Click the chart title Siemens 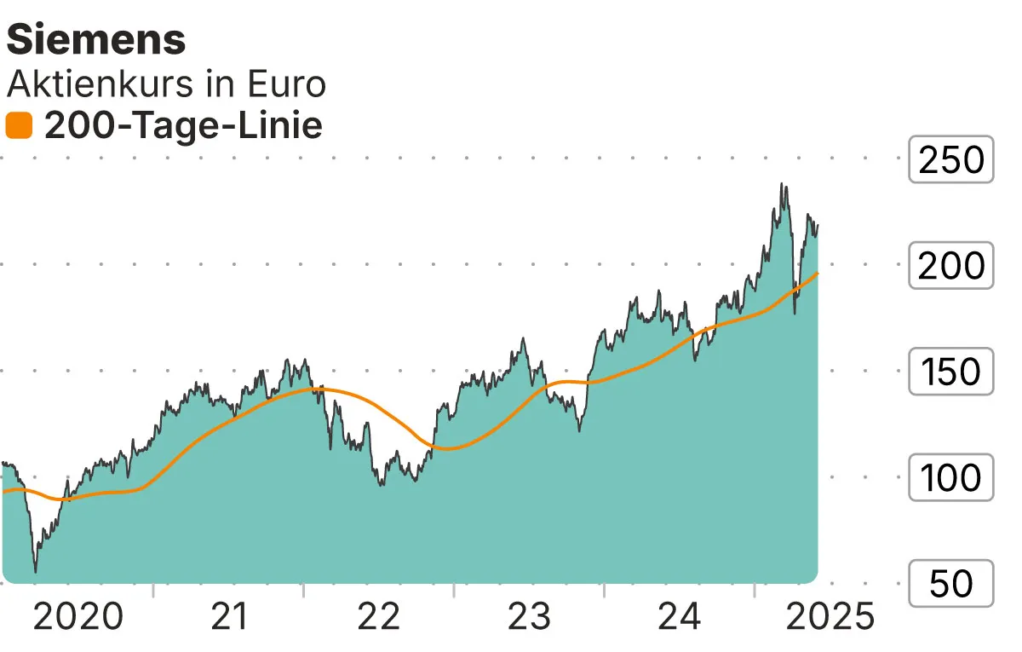click(x=95, y=39)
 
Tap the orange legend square click(x=19, y=126)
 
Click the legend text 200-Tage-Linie click(x=183, y=126)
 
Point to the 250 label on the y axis click(x=951, y=159)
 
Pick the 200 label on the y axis click(x=951, y=266)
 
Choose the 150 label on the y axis click(x=951, y=372)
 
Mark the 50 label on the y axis click(x=951, y=584)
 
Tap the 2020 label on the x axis click(x=78, y=616)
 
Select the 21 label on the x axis click(x=228, y=616)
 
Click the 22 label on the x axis click(x=379, y=616)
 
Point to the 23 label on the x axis click(x=530, y=616)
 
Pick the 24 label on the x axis click(x=680, y=616)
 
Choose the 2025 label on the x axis click(x=830, y=616)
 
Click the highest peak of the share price click(x=781, y=184)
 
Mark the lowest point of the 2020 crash click(x=36, y=572)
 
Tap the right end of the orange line click(x=818, y=273)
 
